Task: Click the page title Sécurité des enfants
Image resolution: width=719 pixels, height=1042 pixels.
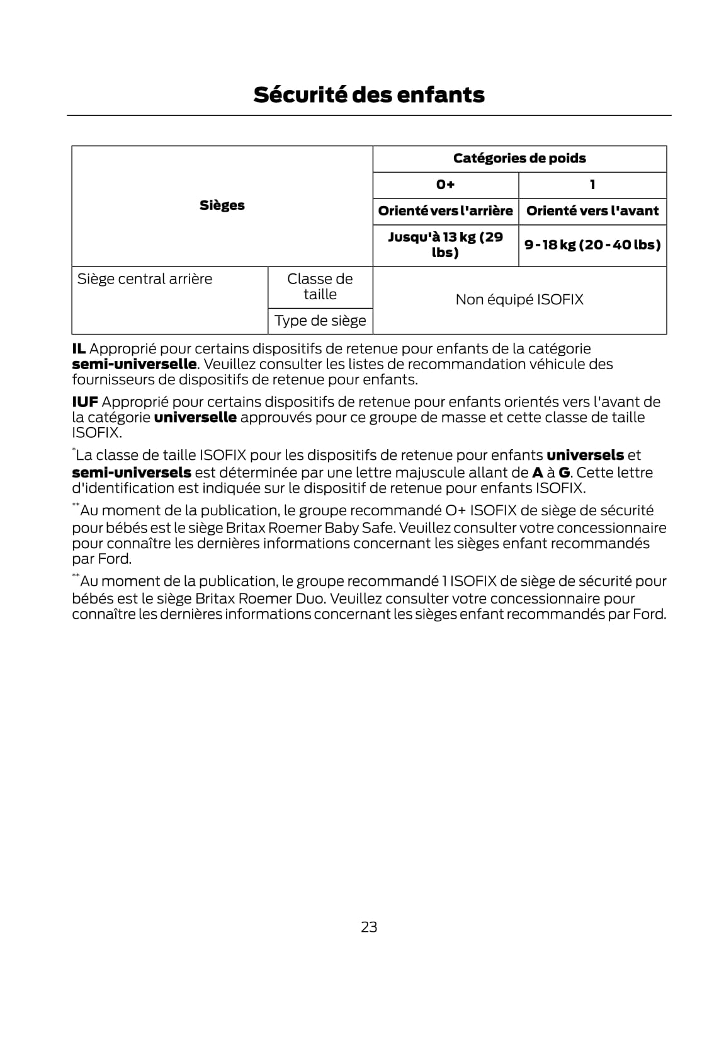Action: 369,94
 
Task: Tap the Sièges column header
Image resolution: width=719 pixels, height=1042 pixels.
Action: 222,205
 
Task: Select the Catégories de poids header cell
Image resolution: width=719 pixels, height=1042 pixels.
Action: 519,158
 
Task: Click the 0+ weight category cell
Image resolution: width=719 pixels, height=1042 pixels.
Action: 445,185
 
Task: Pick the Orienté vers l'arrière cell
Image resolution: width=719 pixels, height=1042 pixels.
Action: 445,211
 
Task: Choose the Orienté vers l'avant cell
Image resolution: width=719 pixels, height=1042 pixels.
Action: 592,211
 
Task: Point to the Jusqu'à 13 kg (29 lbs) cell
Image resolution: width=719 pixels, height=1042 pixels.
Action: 445,244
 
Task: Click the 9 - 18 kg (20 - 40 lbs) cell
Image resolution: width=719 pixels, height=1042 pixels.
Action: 592,244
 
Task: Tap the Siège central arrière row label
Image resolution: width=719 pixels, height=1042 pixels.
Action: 145,279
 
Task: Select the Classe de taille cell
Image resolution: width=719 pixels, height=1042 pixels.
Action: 320,287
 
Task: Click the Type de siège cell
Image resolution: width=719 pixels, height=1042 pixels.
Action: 320,321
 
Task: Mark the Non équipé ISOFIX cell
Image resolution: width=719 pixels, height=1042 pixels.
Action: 519,299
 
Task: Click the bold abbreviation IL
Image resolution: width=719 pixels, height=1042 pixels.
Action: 79,348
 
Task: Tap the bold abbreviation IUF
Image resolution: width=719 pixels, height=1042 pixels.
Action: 85,402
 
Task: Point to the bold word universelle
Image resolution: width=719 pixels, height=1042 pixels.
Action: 195,417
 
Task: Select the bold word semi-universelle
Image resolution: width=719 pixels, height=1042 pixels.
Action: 134,364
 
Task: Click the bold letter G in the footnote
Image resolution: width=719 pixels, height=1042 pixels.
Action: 564,472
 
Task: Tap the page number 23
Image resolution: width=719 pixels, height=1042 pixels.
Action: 369,927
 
